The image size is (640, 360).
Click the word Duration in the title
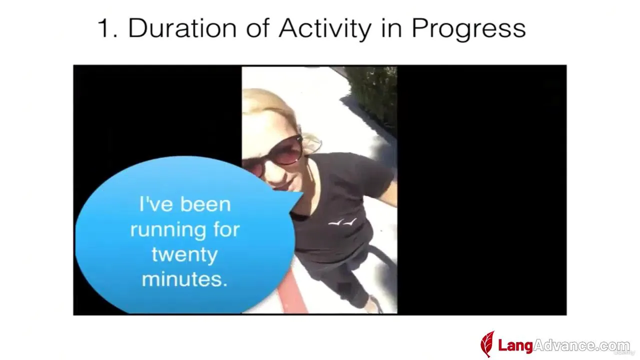pyautogui.click(x=182, y=28)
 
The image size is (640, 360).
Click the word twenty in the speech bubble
pyautogui.click(x=184, y=255)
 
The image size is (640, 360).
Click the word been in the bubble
pyautogui.click(x=205, y=204)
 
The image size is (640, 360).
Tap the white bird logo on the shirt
pyautogui.click(x=342, y=221)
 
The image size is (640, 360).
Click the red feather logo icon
pyautogui.click(x=487, y=344)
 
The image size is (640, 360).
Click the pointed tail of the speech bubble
pyautogui.click(x=302, y=193)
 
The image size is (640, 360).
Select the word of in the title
pyautogui.click(x=257, y=28)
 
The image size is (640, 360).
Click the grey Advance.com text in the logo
pyautogui.click(x=581, y=346)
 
